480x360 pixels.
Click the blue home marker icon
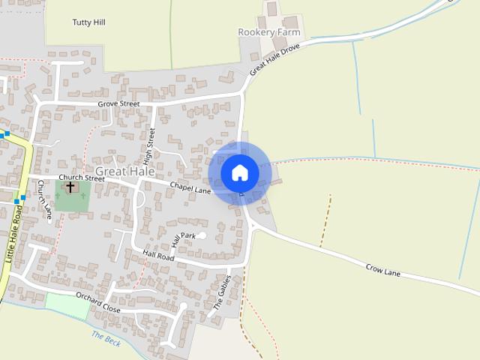[239, 172]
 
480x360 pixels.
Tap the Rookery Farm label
[268, 32]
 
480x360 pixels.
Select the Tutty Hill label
[88, 22]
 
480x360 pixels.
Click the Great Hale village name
[125, 171]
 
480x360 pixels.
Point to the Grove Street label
[118, 103]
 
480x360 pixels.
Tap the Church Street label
[82, 178]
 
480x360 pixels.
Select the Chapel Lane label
[190, 187]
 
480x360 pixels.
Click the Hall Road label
[158, 256]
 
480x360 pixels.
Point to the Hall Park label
[182, 239]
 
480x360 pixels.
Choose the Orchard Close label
[98, 303]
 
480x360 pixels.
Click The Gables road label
[222, 292]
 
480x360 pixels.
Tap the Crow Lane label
[382, 270]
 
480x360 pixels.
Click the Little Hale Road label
[14, 236]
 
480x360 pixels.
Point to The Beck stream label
[106, 338]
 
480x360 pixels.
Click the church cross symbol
[70, 187]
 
